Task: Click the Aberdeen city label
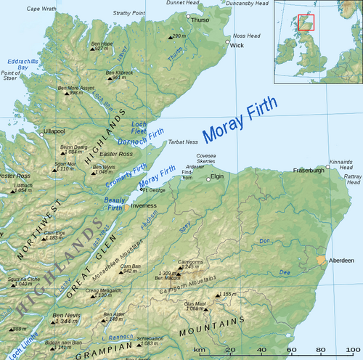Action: [x=343, y=261]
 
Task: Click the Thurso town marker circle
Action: [x=188, y=16]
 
